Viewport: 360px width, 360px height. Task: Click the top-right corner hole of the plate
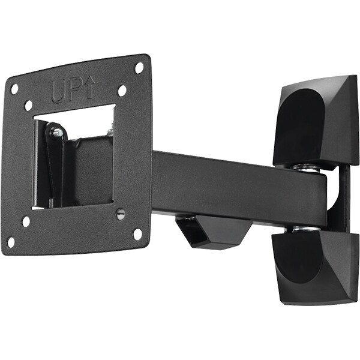[x=139, y=68]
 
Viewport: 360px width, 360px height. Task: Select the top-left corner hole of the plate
[x=14, y=89]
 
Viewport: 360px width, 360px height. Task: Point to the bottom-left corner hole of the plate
[x=11, y=242]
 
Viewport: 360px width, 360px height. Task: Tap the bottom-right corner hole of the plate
[x=137, y=234]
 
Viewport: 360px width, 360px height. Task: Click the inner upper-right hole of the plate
[x=122, y=91]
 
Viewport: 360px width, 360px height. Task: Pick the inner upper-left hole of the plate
[x=28, y=106]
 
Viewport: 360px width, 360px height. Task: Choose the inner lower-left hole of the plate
[x=26, y=221]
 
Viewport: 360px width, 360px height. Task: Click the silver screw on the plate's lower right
[x=121, y=214]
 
